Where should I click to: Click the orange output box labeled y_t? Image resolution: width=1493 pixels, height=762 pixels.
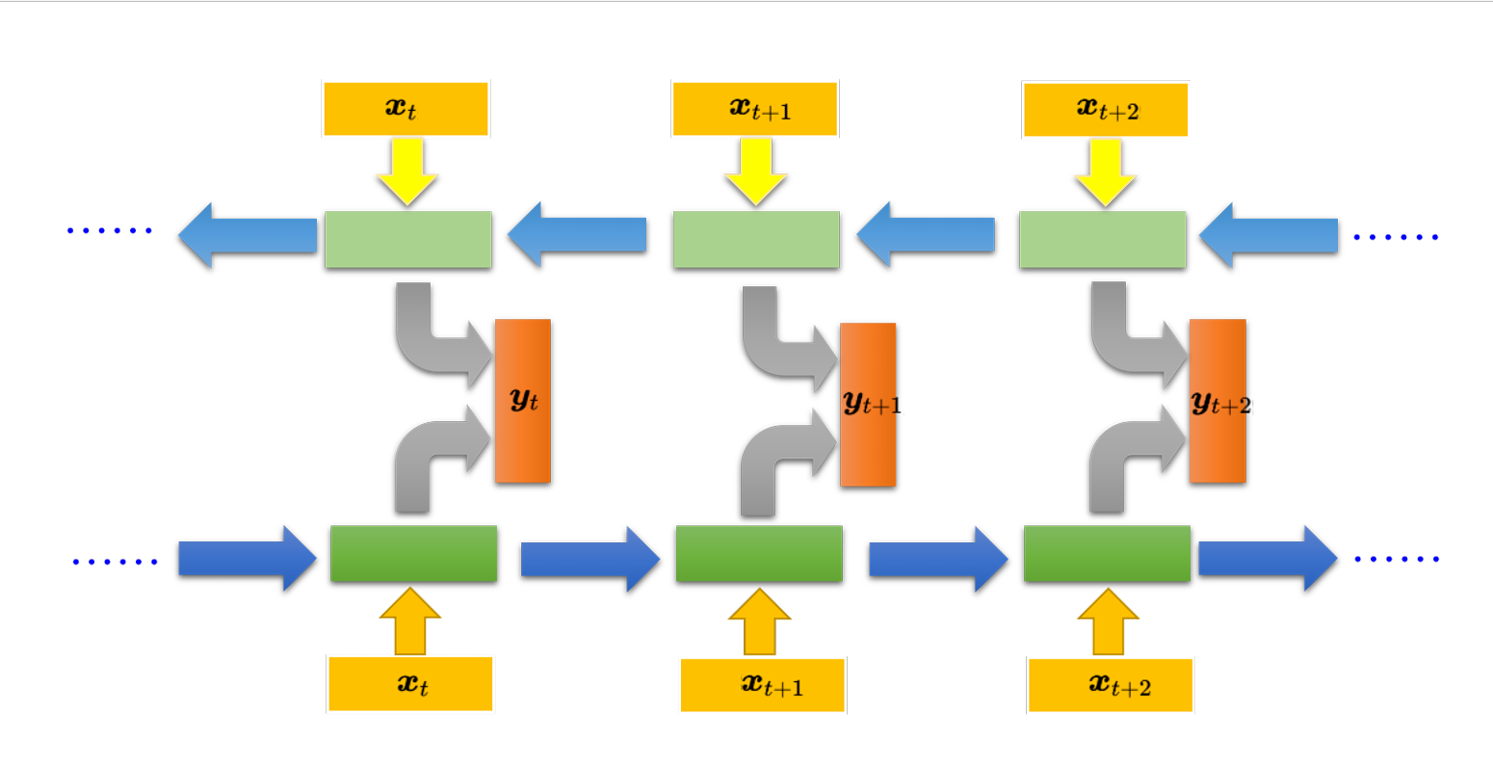[x=522, y=400]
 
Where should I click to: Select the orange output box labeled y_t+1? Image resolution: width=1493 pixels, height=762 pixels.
[x=868, y=404]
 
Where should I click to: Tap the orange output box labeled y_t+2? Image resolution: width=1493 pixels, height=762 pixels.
[x=1218, y=401]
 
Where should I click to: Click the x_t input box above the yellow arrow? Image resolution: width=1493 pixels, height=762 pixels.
[x=406, y=108]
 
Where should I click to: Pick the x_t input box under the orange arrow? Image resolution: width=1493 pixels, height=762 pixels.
[x=410, y=684]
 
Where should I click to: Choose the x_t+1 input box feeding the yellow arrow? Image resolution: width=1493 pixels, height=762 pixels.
[x=755, y=108]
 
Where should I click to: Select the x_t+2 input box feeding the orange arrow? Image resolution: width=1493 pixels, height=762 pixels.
[x=1110, y=685]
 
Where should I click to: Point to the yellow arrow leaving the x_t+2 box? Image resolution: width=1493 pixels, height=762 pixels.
[x=1105, y=171]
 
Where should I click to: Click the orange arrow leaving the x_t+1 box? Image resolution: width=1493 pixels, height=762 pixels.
[x=759, y=622]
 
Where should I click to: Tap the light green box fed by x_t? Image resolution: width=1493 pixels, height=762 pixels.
[x=407, y=239]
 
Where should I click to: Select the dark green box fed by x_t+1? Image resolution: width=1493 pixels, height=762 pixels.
[x=759, y=554]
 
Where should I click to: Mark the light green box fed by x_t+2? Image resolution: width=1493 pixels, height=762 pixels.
[x=1103, y=239]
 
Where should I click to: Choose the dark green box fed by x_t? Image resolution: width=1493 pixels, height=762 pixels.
[x=413, y=554]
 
